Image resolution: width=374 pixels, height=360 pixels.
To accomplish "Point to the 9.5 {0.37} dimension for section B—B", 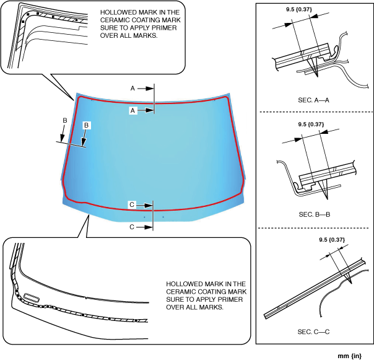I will pyautogui.click(x=311, y=124).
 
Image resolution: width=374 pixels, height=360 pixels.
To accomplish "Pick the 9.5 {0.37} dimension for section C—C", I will pyautogui.click(x=332, y=239).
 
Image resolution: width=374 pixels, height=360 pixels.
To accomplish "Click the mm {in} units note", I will pyautogui.click(x=349, y=356).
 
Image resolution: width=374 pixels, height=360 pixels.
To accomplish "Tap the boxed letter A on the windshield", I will pyautogui.click(x=133, y=110).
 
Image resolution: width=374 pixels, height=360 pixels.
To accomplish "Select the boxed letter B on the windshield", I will pyautogui.click(x=87, y=125).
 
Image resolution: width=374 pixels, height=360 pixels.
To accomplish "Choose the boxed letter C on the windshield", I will pyautogui.click(x=132, y=204).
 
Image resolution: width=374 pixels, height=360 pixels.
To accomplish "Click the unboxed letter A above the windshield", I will pyautogui.click(x=133, y=89).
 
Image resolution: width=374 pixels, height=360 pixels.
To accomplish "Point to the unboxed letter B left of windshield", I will pyautogui.click(x=64, y=120).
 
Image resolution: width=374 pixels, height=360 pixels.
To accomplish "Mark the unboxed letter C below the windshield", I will pyautogui.click(x=132, y=227).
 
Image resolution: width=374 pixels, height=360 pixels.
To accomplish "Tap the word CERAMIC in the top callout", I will pyautogui.click(x=116, y=20).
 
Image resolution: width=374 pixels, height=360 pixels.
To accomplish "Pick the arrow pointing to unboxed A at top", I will pyautogui.click(x=146, y=89).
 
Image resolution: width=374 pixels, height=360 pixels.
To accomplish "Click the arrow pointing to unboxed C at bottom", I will pyautogui.click(x=144, y=227).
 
